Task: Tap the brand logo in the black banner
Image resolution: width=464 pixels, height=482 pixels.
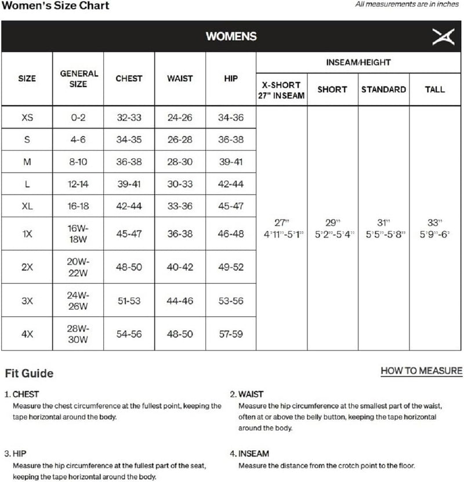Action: [440, 36]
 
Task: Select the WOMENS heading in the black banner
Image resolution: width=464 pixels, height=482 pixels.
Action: [231, 36]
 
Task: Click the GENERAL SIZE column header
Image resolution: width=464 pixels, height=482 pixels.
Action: [79, 79]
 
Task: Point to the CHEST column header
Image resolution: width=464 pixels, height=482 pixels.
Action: [129, 79]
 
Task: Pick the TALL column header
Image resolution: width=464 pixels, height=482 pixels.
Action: [434, 90]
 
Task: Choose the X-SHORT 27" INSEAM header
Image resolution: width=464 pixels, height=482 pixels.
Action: [281, 90]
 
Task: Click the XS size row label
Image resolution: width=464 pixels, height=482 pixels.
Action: [27, 117]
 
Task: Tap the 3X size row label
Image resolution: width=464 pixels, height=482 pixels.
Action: [27, 301]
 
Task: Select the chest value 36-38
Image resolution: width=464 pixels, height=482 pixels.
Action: [129, 162]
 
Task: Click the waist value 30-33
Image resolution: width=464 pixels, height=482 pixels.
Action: [180, 184]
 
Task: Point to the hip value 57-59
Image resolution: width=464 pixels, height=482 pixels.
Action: [230, 334]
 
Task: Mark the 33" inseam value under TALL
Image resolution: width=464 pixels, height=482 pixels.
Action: [434, 223]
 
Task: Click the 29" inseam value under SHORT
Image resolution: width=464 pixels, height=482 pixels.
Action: [332, 223]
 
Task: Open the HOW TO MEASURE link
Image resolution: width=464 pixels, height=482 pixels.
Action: [421, 371]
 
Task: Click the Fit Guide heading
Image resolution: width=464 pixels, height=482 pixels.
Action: [29, 373]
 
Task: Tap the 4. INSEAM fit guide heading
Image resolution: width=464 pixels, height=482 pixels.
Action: [249, 454]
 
